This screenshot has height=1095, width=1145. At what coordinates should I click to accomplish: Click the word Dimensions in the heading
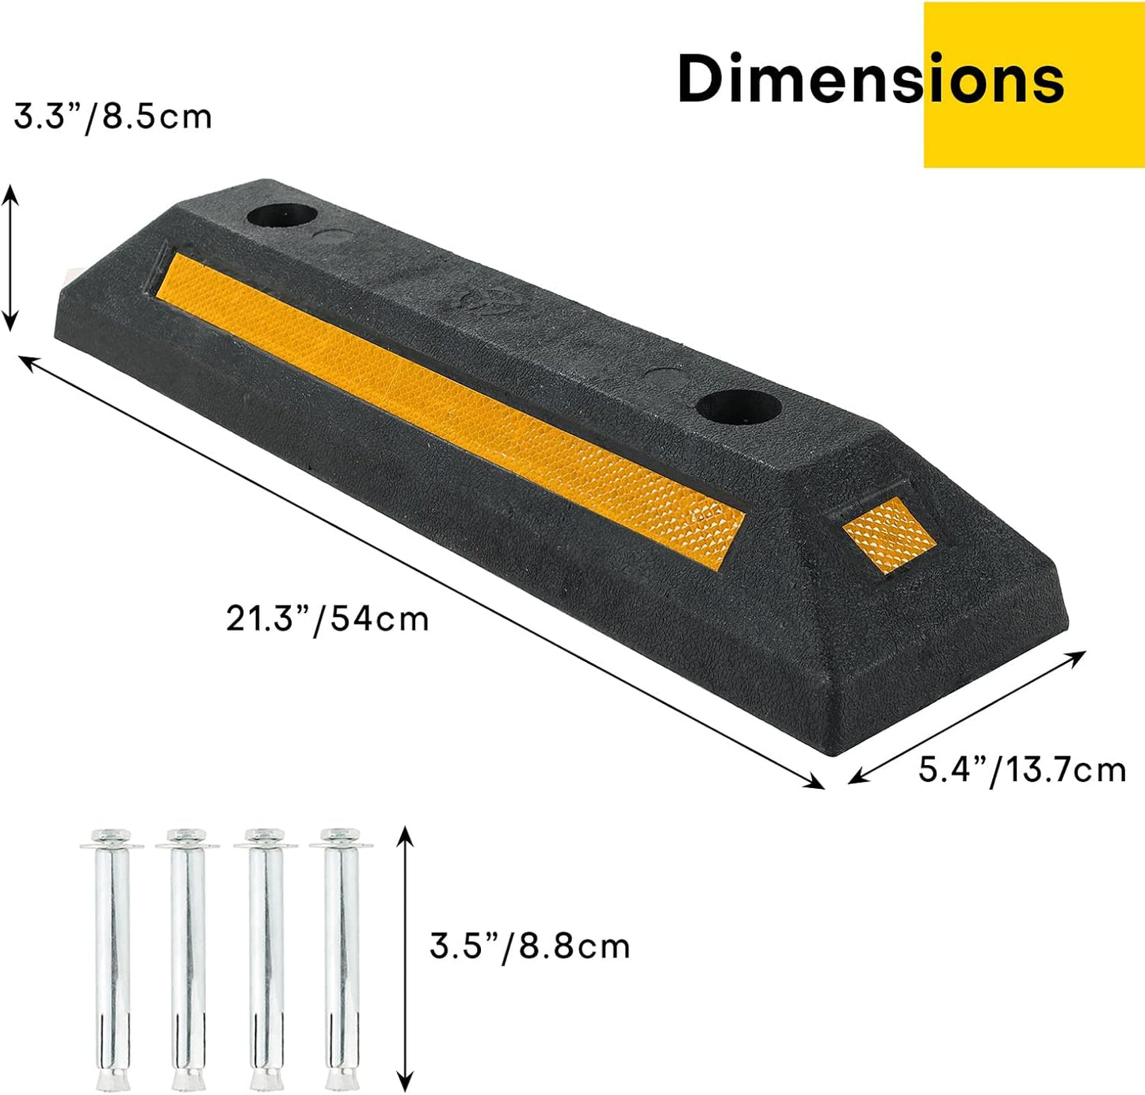(870, 79)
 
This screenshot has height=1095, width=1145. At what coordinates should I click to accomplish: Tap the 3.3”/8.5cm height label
(113, 117)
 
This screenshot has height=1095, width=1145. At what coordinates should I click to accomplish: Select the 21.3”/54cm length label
(327, 618)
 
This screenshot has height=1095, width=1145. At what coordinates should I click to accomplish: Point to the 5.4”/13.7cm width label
(1021, 769)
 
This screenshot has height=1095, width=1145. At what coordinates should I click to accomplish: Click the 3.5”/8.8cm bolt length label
(529, 946)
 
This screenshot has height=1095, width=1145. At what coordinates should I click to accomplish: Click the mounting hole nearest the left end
(281, 215)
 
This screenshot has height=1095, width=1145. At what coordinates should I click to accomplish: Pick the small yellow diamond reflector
(889, 534)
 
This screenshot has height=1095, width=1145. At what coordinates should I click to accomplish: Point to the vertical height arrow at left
(10, 258)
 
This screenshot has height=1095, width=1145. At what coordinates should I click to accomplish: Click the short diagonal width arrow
(967, 717)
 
